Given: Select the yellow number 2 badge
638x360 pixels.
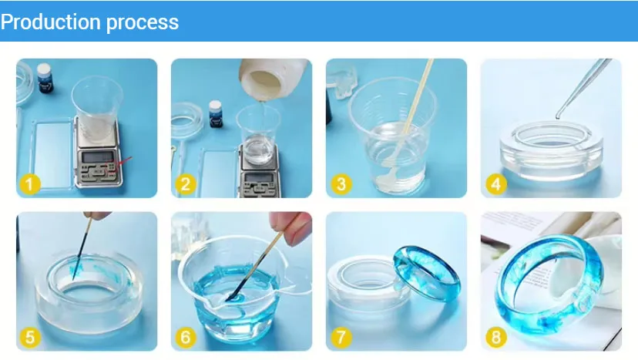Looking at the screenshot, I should [x=184, y=184].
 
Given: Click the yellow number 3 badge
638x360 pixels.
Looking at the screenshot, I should [x=340, y=184].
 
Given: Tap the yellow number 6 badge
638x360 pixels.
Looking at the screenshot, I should [x=184, y=337].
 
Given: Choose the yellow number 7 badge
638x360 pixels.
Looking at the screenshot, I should [x=340, y=337].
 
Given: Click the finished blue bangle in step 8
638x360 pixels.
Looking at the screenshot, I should [x=551, y=293].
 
